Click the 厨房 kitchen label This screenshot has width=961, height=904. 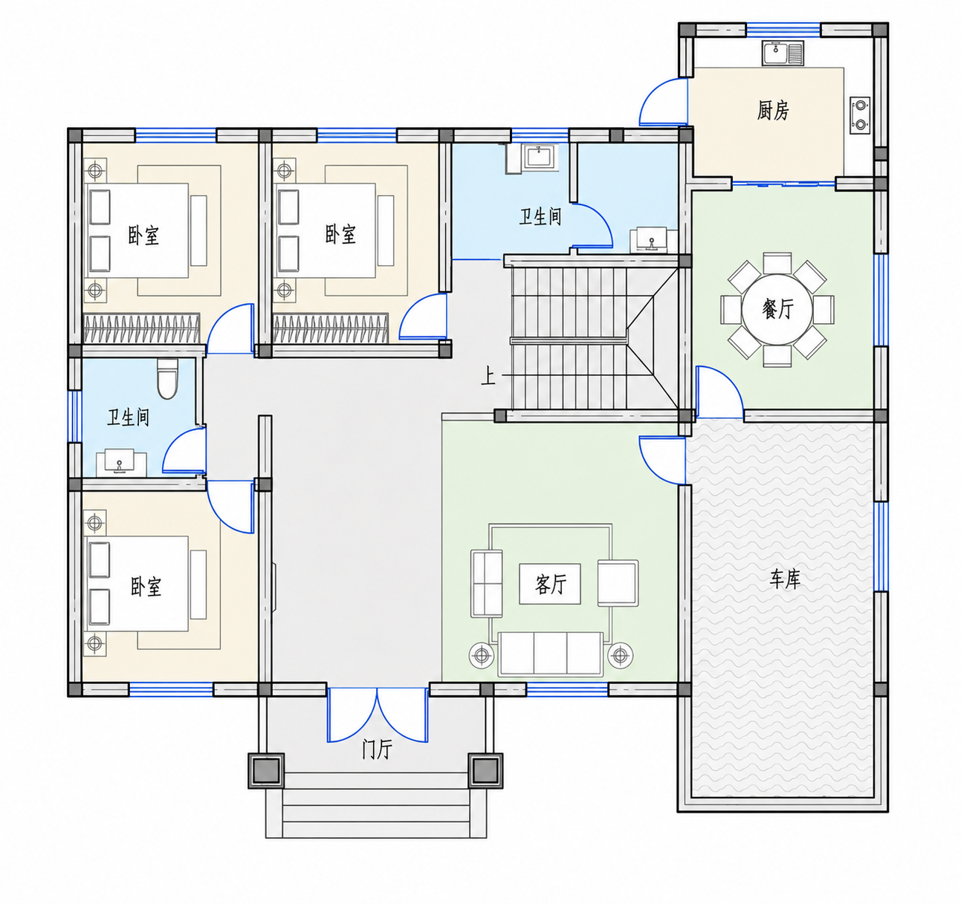click(773, 110)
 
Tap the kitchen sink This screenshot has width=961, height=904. click(783, 53)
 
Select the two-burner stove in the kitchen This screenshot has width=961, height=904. click(860, 116)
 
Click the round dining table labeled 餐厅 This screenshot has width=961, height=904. click(777, 309)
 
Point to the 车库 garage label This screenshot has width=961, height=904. click(785, 579)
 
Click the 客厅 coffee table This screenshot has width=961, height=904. click(550, 584)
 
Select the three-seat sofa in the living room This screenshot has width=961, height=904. click(551, 654)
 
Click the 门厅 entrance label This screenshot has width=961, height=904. click(377, 749)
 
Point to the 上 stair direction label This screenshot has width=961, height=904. click(488, 375)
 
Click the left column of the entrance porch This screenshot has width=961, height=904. click(266, 770)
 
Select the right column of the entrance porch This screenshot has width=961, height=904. click(485, 770)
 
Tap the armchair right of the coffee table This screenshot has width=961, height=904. click(618, 583)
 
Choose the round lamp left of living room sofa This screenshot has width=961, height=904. click(482, 655)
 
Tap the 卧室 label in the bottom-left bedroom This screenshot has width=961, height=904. click(146, 587)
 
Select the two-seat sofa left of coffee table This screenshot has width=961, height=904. click(487, 583)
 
